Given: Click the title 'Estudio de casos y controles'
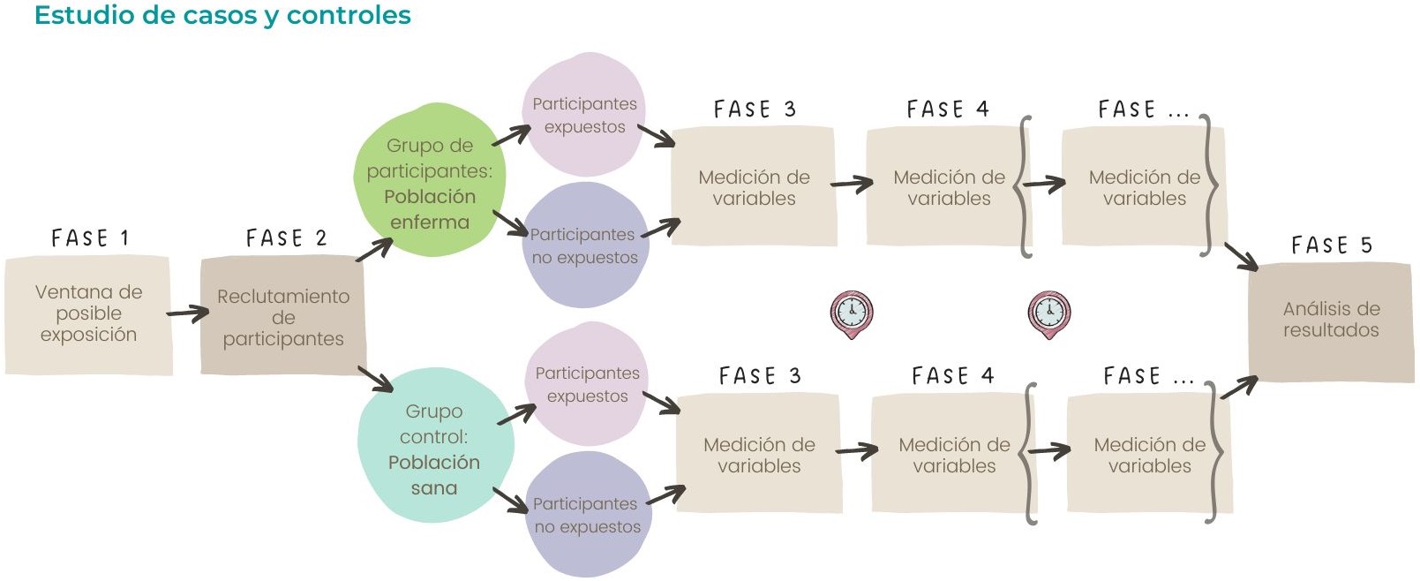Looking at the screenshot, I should (222, 16).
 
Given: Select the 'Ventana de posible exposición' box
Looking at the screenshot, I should (88, 314).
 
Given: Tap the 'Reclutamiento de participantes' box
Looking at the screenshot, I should (282, 317).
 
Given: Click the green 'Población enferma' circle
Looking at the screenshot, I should (430, 182).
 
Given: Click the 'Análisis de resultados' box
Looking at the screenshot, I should (1331, 321).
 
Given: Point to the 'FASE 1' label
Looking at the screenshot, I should (90, 238).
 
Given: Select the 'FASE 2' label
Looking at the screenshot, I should (286, 238).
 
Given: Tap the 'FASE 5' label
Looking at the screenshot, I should (1331, 245).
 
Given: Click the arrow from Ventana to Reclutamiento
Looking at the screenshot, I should (187, 313).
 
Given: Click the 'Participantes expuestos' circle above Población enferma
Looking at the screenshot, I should (584, 116).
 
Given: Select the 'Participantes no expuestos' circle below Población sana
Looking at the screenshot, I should (587, 516).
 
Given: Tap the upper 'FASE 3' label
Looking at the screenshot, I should (755, 109).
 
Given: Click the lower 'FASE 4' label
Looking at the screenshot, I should (952, 376).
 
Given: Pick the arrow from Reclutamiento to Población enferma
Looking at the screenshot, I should (374, 250).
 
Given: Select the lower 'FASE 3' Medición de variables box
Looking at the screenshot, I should (759, 455).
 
